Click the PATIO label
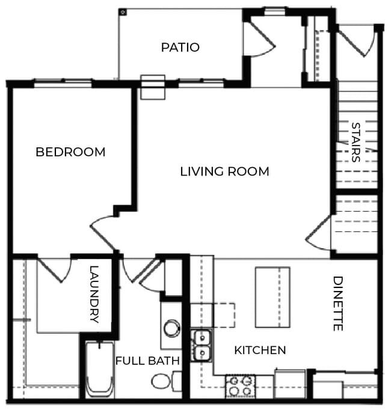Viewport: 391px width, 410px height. (180, 47)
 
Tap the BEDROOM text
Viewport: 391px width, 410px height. (70, 152)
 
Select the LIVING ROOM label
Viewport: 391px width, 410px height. (224, 171)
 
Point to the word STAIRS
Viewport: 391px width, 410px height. (356, 142)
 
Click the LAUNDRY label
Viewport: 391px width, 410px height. (94, 295)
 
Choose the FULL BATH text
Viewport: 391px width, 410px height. (147, 361)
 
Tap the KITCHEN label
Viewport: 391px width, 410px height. (260, 350)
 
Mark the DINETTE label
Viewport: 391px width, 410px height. (337, 304)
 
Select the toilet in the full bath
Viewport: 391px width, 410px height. (162, 381)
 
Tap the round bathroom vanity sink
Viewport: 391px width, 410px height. (171, 328)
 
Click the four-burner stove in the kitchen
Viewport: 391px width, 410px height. (239, 386)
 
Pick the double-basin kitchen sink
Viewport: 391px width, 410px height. (202, 345)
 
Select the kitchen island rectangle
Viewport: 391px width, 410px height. (272, 297)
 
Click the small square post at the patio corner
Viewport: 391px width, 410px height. (122, 11)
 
